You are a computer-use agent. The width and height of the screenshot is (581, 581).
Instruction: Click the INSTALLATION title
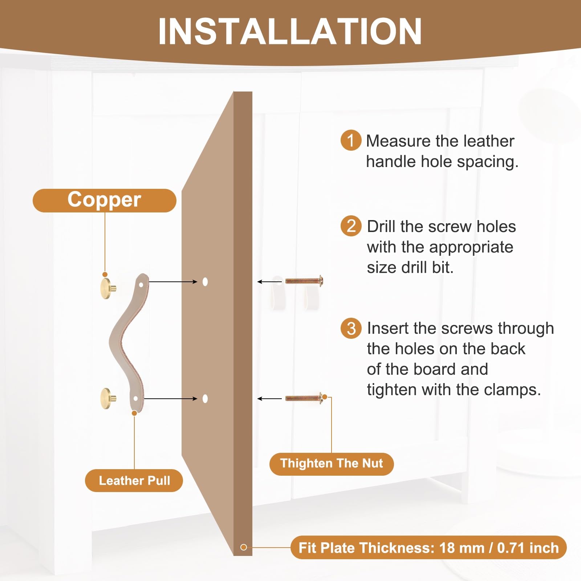click(290, 31)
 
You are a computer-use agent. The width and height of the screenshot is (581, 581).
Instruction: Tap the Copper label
click(105, 200)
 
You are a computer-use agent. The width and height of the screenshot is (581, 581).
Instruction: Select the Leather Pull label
click(134, 480)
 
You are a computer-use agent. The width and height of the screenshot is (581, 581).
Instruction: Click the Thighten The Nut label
click(332, 464)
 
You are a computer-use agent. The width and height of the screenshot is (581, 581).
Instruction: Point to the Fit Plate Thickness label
click(428, 548)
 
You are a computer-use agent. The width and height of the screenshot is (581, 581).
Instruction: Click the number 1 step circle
click(351, 140)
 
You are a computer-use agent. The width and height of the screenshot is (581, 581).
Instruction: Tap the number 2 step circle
click(351, 226)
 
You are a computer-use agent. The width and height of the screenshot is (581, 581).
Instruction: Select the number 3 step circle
click(351, 328)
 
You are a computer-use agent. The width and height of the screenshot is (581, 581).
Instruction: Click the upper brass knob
click(108, 289)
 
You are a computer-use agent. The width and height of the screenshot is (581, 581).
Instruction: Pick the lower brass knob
click(108, 398)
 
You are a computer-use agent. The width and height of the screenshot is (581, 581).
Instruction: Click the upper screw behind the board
click(304, 281)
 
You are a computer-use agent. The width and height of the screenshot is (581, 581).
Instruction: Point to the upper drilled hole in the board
click(205, 281)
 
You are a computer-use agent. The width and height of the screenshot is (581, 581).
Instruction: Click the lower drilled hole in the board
click(205, 399)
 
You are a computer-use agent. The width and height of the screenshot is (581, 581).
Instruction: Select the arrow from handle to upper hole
click(173, 281)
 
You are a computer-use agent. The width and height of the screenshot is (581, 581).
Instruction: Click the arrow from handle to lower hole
click(170, 399)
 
